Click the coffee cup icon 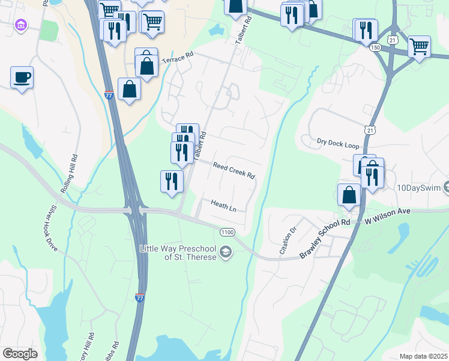(22, 78)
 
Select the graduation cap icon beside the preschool (226, 252)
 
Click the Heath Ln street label (223, 205)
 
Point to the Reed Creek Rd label (234, 170)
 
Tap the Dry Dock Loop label (337, 143)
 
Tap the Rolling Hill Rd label (69, 174)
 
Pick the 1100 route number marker (227, 232)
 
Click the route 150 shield (376, 47)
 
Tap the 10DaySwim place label (419, 188)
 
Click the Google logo (20, 353)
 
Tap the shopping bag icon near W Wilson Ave (349, 195)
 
